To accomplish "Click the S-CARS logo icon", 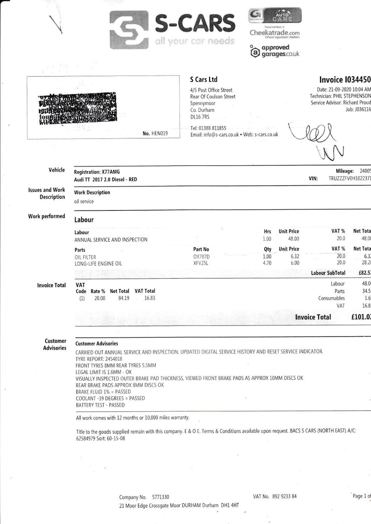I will pyautogui.click(x=129, y=30).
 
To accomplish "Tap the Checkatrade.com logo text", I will pyautogui.click(x=275, y=33).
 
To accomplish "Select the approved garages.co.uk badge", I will pyautogui.click(x=275, y=51).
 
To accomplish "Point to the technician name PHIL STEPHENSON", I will pyautogui.click(x=352, y=96).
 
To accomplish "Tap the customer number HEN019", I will pyautogui.click(x=160, y=134).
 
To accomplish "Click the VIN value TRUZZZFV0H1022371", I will pyautogui.click(x=349, y=179).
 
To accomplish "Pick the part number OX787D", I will pyautogui.click(x=201, y=257).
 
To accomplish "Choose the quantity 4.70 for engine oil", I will pyautogui.click(x=267, y=263).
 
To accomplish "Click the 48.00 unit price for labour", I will pyautogui.click(x=293, y=239).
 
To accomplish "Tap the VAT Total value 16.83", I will pyautogui.click(x=150, y=298).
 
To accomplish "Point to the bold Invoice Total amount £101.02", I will pyautogui.click(x=361, y=317).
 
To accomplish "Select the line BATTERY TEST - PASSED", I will pyautogui.click(x=100, y=405).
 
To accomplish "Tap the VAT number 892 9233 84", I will pyautogui.click(x=284, y=496).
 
